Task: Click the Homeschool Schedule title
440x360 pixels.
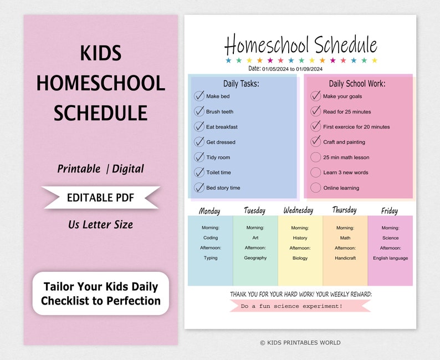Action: (300, 44)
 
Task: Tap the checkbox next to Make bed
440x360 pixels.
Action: (199, 96)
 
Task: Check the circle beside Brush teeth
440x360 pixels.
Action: (199, 111)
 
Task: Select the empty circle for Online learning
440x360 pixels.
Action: (315, 187)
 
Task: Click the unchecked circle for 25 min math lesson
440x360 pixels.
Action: (315, 157)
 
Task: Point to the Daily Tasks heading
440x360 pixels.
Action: (241, 84)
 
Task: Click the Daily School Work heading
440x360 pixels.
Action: (357, 84)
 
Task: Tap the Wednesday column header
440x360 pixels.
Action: (298, 210)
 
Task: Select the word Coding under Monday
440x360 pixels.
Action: (210, 238)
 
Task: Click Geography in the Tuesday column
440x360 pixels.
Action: (255, 258)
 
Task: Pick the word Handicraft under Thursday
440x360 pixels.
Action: (345, 258)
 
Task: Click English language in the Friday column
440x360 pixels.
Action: (390, 258)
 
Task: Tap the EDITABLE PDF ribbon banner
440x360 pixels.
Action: (100, 197)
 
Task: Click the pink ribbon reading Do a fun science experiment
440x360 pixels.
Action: (299, 306)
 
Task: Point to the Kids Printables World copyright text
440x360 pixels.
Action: (300, 343)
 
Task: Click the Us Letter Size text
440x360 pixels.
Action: (100, 225)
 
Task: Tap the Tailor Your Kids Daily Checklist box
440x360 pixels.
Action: (100, 293)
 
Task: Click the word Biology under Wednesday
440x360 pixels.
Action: (300, 258)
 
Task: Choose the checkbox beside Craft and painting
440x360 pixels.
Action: (315, 141)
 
